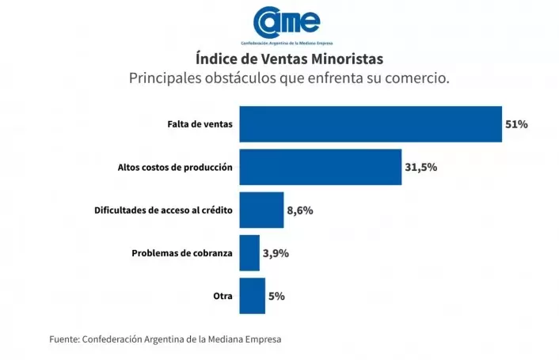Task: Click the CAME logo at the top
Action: click(287, 23)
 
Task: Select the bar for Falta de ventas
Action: click(371, 124)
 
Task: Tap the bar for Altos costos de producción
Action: click(320, 167)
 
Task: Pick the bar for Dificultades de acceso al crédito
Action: click(261, 210)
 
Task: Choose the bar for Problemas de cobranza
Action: click(249, 253)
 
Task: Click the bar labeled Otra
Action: click(252, 296)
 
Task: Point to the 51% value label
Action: click(516, 124)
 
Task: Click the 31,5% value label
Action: click(421, 167)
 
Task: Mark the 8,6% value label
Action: click(300, 210)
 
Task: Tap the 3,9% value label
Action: click(276, 253)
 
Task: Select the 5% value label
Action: click(276, 296)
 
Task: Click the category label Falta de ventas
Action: click(200, 124)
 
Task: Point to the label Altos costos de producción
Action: click(175, 167)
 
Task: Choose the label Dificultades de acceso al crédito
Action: click(163, 210)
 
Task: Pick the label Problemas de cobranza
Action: click(181, 253)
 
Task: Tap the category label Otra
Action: click(222, 296)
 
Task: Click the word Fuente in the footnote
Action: click(63, 339)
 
